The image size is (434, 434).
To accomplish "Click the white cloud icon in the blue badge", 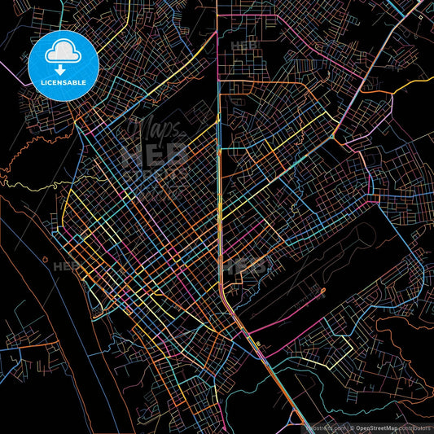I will [63, 53].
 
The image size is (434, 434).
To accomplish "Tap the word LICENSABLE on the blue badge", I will [63, 81].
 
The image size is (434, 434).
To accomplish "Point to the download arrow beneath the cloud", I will [63, 68].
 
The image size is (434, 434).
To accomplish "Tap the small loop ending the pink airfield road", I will [322, 290].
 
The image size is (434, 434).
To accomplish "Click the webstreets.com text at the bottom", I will [324, 427].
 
